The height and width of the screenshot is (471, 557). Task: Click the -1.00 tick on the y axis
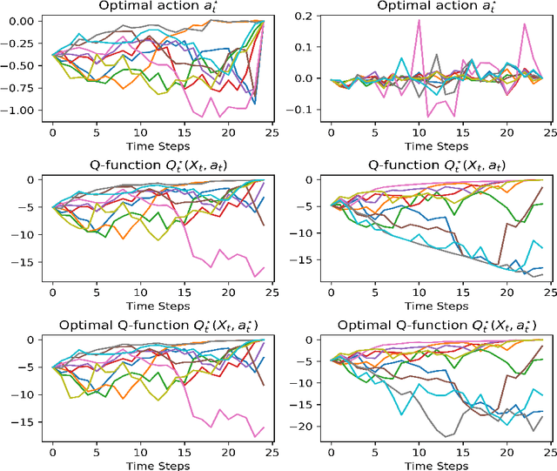coord(21,111)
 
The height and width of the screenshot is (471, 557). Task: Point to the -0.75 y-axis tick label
coord(21,88)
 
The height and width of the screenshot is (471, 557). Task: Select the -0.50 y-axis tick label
coord(21,65)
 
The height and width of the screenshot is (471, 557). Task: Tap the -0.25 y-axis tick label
coord(21,43)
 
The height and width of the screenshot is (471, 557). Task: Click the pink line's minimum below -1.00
coord(205,116)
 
